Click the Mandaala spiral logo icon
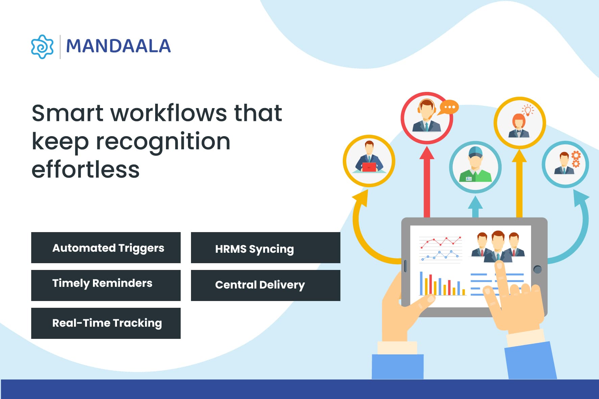pos(42,47)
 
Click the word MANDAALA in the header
pos(118,46)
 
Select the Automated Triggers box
pos(106,248)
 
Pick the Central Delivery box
pos(265,285)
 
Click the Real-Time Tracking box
pos(106,323)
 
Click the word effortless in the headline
pos(86,170)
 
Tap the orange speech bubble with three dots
pos(449,107)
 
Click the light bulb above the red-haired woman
pos(527,110)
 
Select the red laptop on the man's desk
pos(369,167)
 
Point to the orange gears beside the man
pos(576,159)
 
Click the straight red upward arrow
pos(427,182)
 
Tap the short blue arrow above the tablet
pos(475,206)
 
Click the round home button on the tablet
pos(537,269)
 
